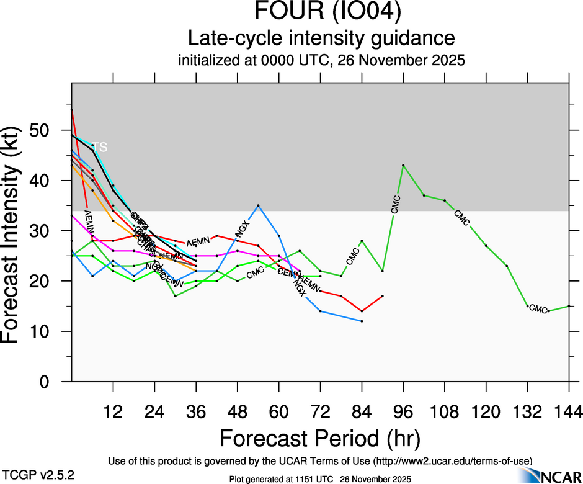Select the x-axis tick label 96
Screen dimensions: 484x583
coord(403,412)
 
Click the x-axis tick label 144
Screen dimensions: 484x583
coord(568,412)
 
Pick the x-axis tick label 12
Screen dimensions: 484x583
coord(113,412)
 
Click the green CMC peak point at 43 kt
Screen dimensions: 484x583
coord(403,165)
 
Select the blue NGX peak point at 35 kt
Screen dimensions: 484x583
coord(258,205)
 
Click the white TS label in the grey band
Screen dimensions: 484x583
coord(100,148)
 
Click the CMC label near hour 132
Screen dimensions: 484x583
coord(538,309)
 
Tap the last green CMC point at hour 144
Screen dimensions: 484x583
coord(569,306)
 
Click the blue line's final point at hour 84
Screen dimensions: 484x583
coord(362,321)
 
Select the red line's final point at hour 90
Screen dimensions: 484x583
coord(383,296)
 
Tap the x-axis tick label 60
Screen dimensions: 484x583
coord(278,412)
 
